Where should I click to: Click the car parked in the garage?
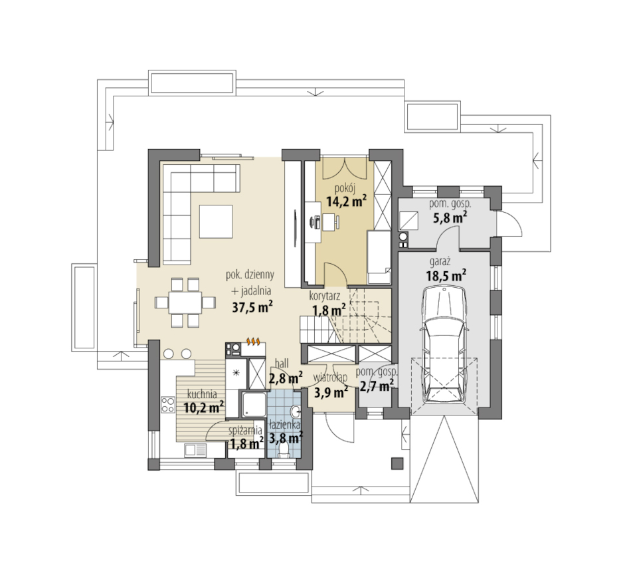(444, 346)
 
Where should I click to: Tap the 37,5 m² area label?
(252, 307)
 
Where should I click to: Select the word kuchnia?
(202, 394)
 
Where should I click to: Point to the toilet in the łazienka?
(284, 451)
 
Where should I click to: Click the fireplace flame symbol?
(254, 341)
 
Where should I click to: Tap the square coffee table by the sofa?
(216, 221)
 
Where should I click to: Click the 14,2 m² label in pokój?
(346, 201)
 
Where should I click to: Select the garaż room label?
(440, 262)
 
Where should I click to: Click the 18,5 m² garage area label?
(446, 276)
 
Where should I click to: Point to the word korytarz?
(325, 296)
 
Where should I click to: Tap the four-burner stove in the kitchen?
(167, 404)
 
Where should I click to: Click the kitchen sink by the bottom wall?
(195, 450)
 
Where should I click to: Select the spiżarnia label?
(245, 431)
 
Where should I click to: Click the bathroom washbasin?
(296, 411)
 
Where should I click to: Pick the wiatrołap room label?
(330, 377)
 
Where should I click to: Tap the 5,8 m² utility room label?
(450, 217)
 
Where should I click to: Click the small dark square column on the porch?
(397, 463)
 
